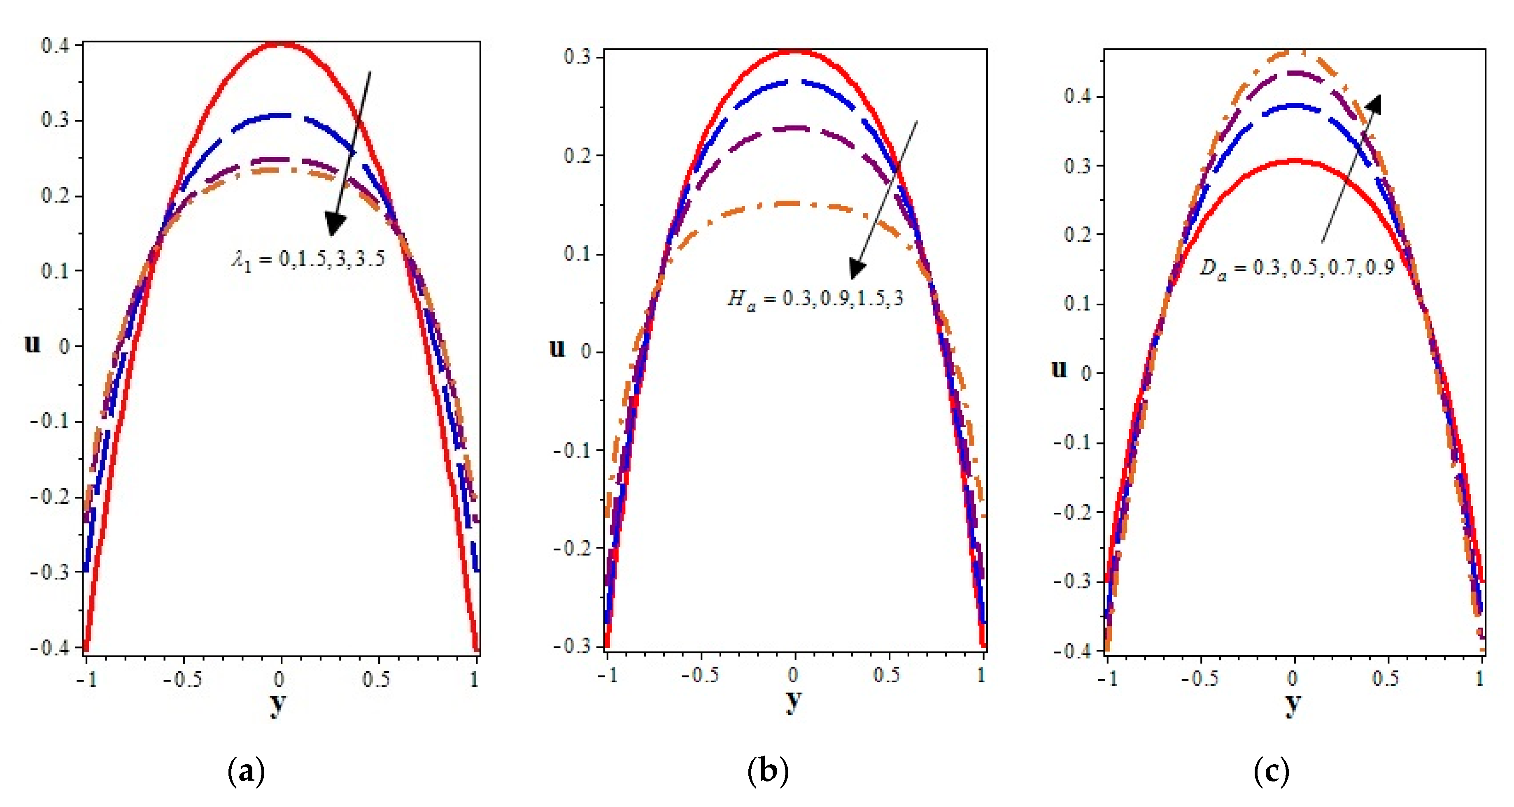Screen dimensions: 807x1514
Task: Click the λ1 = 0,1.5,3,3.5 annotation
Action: click(308, 258)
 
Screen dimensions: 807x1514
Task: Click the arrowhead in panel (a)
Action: click(335, 224)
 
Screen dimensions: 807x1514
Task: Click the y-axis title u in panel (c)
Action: click(1058, 369)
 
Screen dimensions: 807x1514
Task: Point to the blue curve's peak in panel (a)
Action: click(282, 115)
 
